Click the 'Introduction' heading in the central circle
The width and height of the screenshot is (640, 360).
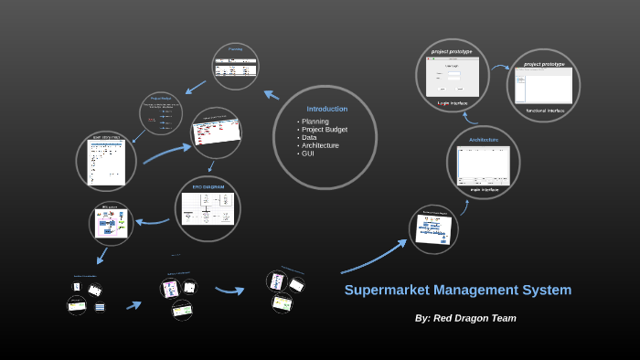326,109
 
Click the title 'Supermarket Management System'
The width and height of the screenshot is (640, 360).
457,291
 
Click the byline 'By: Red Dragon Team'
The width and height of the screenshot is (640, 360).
465,318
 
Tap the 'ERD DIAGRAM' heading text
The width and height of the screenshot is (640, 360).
208,186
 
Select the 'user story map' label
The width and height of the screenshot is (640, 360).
105,138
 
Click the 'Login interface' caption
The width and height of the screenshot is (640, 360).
453,103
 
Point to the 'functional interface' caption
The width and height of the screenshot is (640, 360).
545,111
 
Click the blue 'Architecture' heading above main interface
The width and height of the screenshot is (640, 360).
483,140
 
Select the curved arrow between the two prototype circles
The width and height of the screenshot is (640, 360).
498,67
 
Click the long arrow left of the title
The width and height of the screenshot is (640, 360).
375,258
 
